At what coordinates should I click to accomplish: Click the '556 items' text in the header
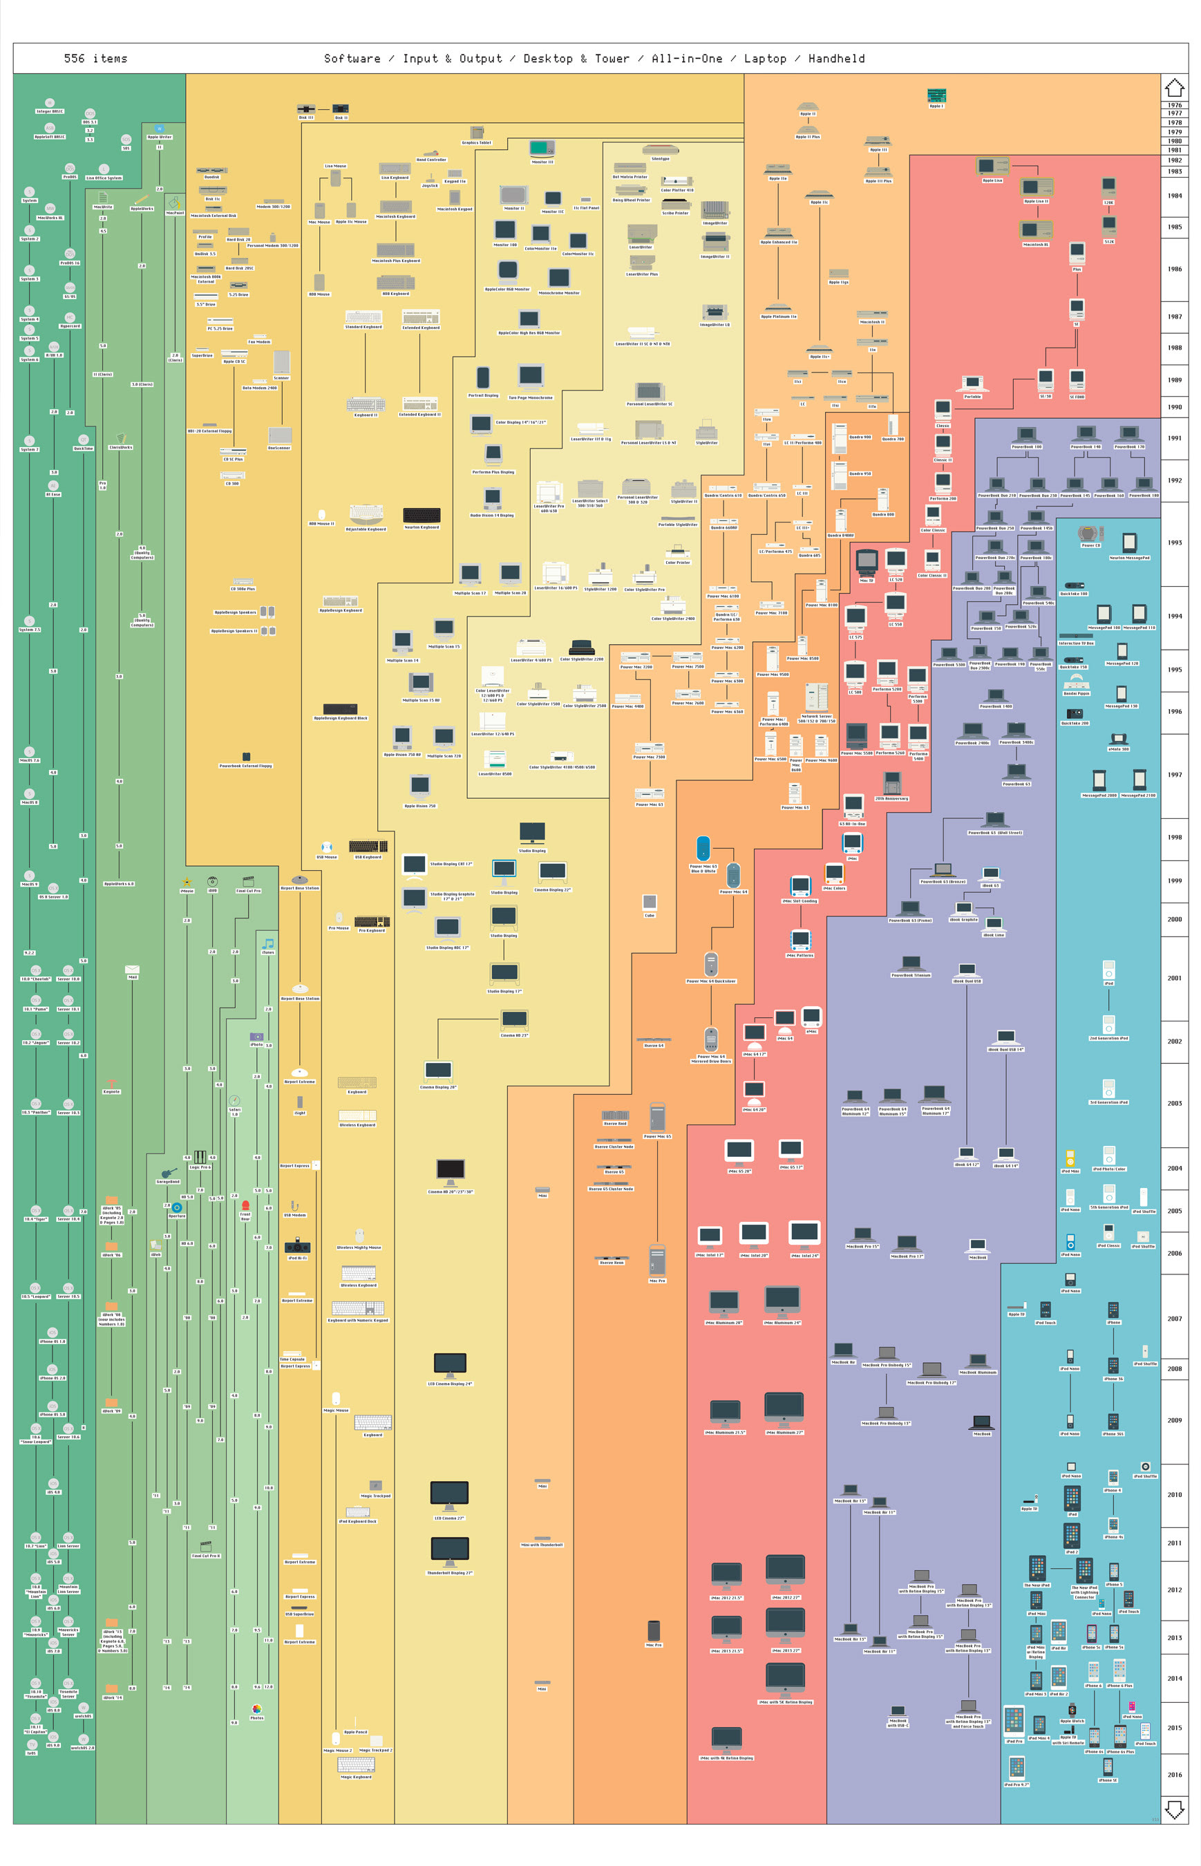95,59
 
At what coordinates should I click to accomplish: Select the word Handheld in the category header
836,59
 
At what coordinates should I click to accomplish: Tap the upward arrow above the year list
1173,87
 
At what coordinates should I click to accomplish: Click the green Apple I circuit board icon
936,95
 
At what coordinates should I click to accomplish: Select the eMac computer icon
811,1016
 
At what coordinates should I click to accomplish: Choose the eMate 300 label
1118,748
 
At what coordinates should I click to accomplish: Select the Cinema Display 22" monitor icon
552,871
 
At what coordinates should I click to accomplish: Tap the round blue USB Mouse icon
327,847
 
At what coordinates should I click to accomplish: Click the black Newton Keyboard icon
421,515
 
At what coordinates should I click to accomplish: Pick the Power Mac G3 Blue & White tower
703,849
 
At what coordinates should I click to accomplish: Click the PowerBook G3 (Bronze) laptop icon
943,869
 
